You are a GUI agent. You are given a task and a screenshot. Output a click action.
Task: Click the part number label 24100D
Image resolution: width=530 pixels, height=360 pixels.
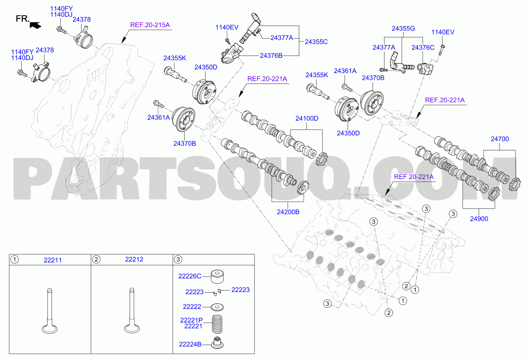point(307,118)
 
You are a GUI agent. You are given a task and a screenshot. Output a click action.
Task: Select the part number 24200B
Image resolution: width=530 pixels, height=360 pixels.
point(288,212)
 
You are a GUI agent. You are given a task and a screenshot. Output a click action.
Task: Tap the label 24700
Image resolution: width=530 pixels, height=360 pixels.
point(500,139)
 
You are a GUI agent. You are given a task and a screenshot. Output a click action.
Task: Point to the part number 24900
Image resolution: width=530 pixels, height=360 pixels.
point(479,219)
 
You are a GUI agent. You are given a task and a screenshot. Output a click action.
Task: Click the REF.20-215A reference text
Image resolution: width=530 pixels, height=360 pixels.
point(150,25)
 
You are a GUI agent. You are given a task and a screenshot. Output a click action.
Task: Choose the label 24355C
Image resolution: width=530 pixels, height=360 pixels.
point(316,42)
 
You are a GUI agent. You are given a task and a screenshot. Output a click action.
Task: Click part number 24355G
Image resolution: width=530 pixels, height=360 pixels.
point(403,28)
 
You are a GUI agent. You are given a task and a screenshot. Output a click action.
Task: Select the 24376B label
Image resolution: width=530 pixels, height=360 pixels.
point(271,56)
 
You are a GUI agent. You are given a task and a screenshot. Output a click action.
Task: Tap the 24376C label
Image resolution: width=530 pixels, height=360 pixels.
point(423,48)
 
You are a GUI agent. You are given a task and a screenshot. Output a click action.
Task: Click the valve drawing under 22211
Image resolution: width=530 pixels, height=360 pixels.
point(50,311)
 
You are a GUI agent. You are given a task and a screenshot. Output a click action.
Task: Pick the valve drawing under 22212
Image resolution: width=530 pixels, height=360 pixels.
point(132,311)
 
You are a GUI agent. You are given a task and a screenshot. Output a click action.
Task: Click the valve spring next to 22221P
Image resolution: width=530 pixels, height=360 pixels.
point(217,324)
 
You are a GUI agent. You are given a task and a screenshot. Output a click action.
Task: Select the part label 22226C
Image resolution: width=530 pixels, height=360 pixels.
point(190,276)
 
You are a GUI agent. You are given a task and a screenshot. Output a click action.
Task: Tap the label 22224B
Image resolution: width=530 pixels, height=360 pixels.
point(190,344)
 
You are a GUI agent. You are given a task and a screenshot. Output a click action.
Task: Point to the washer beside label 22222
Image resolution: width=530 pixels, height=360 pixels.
point(217,307)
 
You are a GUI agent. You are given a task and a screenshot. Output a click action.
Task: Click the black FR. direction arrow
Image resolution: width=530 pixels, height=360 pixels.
point(36,25)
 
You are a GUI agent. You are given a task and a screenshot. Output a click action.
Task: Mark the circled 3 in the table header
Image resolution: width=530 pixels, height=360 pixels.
point(178,260)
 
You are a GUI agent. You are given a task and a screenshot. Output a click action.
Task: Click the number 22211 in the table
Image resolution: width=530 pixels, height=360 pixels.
point(53,260)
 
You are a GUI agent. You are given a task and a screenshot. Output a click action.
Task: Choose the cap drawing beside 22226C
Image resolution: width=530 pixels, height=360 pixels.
point(217,276)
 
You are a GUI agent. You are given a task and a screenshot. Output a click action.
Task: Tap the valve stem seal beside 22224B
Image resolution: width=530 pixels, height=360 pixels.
point(217,343)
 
